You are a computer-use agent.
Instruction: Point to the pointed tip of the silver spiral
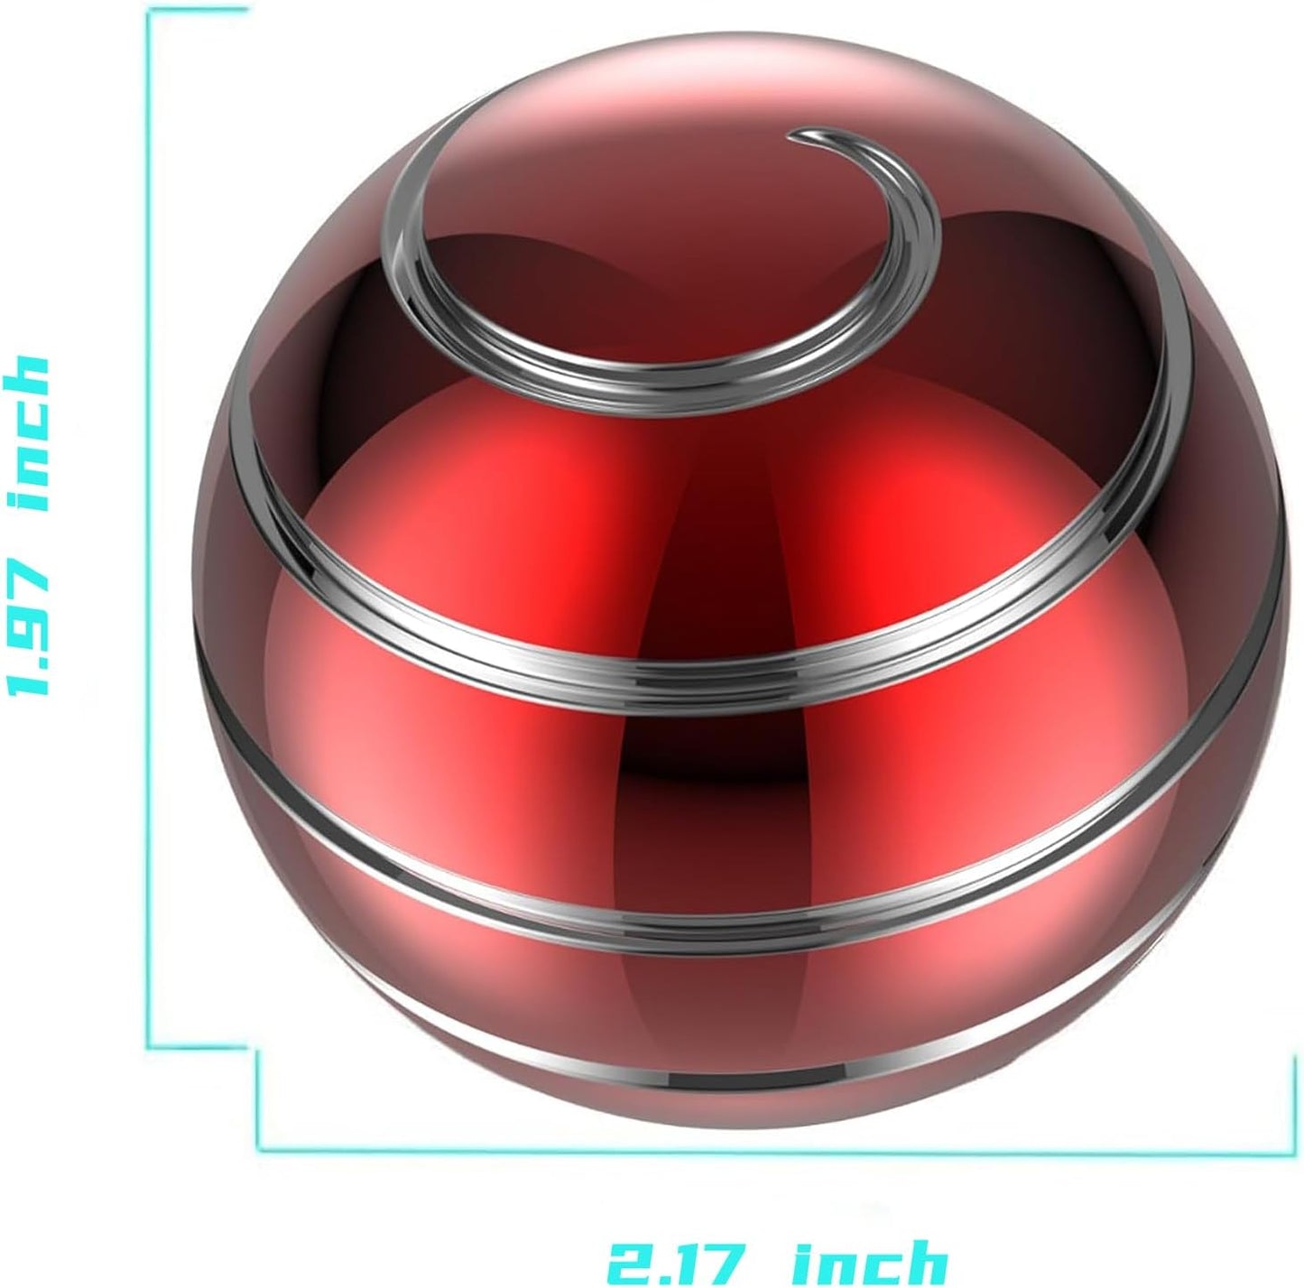pyautogui.click(x=792, y=137)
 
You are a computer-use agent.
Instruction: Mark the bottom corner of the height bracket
pyautogui.click(x=150, y=1047)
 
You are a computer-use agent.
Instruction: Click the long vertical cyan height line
pyautogui.click(x=149, y=542)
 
